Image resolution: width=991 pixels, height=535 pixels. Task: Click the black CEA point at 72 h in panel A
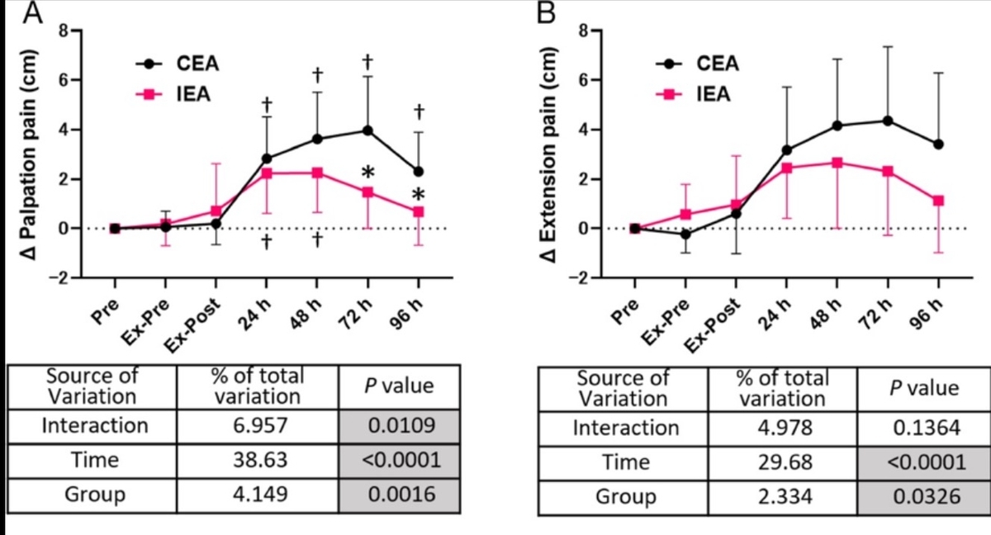(367, 130)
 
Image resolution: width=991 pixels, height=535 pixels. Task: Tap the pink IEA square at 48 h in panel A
(317, 173)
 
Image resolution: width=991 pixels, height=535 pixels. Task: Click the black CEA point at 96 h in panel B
(938, 144)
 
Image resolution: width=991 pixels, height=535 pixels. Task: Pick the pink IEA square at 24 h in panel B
(787, 168)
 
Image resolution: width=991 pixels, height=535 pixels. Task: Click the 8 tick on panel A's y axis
(62, 31)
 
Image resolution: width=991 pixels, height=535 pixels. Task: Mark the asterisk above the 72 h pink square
(368, 172)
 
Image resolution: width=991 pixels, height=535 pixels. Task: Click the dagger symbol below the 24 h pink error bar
(267, 242)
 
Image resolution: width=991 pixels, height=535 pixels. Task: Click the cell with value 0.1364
(922, 428)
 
